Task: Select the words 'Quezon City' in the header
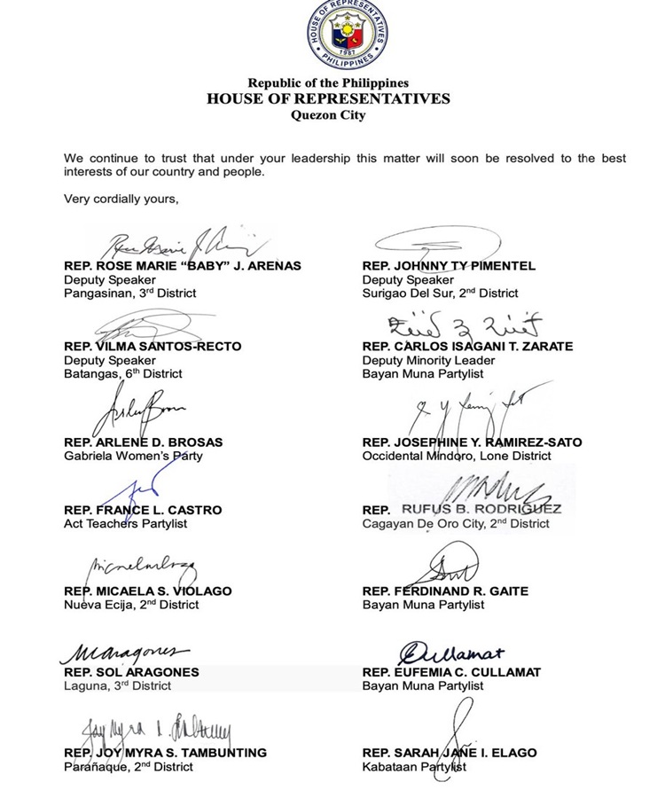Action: coord(328,114)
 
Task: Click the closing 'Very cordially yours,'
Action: coord(121,199)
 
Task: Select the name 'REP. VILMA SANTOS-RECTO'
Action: coord(153,347)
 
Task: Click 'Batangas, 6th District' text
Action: coord(123,374)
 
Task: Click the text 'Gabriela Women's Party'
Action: coord(133,456)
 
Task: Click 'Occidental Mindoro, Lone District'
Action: coord(457,456)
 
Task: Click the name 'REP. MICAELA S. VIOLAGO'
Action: coord(148,591)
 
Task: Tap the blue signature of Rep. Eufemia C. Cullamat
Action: coord(452,653)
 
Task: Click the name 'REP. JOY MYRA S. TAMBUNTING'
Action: coord(165,753)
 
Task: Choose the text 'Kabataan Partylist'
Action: coord(414,767)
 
